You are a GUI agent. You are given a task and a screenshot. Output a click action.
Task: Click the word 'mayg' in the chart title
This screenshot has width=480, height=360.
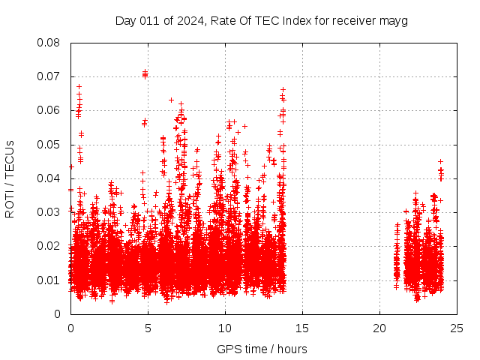click(394, 20)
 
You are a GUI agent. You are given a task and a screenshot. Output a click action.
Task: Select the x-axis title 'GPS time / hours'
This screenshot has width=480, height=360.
click(262, 349)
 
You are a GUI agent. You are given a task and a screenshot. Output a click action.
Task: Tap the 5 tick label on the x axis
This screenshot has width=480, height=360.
click(148, 328)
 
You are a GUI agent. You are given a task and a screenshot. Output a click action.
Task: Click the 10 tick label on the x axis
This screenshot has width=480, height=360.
click(225, 328)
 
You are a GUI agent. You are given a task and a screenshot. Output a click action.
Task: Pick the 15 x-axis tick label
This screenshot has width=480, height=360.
click(302, 328)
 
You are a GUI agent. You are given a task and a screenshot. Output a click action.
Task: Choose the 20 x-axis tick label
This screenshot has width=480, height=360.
click(379, 328)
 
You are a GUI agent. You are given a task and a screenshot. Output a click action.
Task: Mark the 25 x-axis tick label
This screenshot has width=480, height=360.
click(457, 328)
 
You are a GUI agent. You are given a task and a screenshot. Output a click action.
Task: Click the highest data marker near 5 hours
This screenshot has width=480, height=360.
click(145, 73)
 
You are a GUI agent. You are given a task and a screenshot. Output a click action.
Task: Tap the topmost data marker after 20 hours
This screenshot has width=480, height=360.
click(441, 161)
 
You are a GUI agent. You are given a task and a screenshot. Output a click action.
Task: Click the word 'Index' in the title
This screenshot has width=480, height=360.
click(297, 20)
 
